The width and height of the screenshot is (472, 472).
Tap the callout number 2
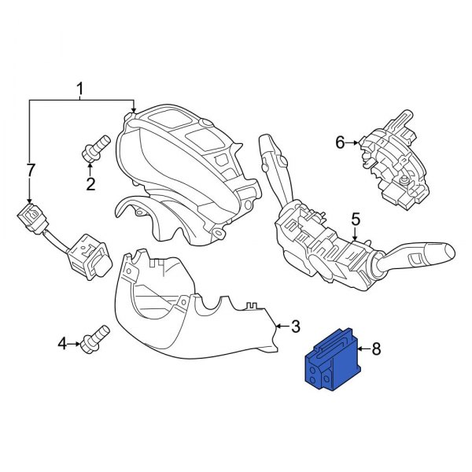90,185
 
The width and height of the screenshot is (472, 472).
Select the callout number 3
295,326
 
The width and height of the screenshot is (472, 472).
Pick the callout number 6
340,142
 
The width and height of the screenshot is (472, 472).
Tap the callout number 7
31,171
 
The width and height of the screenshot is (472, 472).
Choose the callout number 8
375,348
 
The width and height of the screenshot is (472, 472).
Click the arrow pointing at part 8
361,348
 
